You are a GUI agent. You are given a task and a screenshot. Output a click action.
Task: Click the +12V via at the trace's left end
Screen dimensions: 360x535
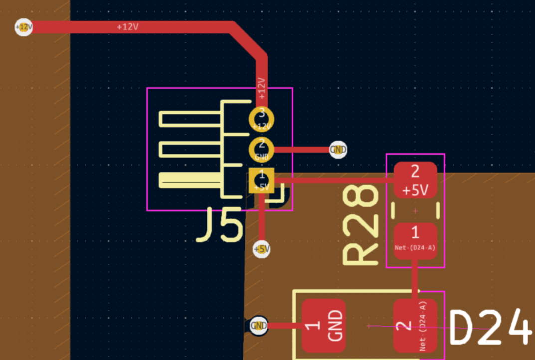click(x=23, y=27)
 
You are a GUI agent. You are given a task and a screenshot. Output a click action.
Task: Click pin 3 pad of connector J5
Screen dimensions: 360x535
click(x=261, y=119)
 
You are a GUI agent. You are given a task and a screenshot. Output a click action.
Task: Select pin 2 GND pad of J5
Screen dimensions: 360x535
click(x=261, y=148)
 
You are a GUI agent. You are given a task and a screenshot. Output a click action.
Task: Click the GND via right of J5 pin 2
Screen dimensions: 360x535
click(x=338, y=149)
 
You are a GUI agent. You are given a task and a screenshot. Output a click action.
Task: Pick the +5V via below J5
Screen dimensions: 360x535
click(x=262, y=249)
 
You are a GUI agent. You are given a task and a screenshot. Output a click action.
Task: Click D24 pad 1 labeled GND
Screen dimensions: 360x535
click(x=323, y=326)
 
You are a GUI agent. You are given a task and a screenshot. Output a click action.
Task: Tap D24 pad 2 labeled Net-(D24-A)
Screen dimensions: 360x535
click(x=415, y=326)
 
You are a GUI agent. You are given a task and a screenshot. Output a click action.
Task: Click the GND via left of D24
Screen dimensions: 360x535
click(x=258, y=326)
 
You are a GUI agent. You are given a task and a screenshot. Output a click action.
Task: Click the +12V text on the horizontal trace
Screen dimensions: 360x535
click(x=127, y=27)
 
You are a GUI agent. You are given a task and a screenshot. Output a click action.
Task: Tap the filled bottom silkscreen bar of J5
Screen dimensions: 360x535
click(x=190, y=180)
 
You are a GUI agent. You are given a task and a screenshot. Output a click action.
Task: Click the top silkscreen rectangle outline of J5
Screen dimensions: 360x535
click(x=190, y=119)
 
